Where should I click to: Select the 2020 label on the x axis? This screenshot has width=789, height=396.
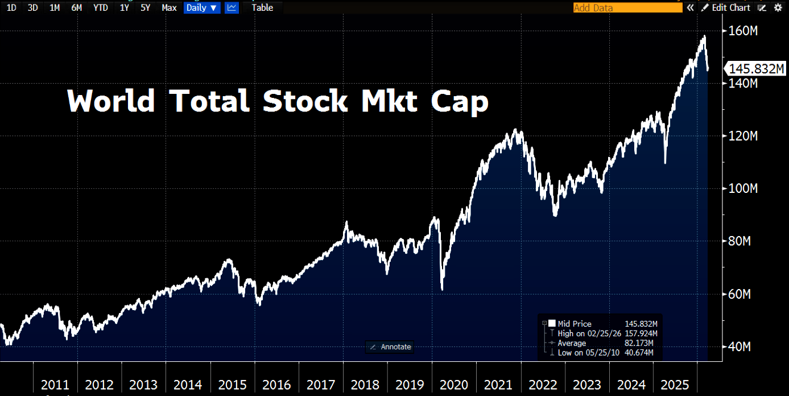pos(453,384)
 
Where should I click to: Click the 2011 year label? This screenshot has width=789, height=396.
pos(55,384)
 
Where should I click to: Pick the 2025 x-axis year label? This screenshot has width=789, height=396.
pos(675,384)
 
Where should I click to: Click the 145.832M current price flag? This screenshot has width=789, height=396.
pos(756,69)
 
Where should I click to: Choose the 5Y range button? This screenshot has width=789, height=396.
pos(145,7)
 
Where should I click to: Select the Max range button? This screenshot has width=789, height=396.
pos(169,7)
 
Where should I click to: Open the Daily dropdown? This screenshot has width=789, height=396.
pos(201,7)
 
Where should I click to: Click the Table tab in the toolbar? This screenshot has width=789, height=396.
pos(262,7)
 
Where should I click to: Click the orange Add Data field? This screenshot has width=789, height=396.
pos(627,7)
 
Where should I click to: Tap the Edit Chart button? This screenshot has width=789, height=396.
pos(726,7)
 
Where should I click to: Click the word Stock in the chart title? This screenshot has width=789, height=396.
pos(305,101)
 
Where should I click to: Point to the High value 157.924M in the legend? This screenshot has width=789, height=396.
pos(641,333)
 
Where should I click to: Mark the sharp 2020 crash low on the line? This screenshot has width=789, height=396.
pos(442,289)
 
